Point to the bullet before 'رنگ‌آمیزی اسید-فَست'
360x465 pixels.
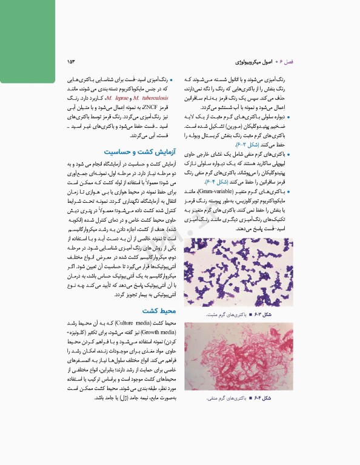coord(172,80)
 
